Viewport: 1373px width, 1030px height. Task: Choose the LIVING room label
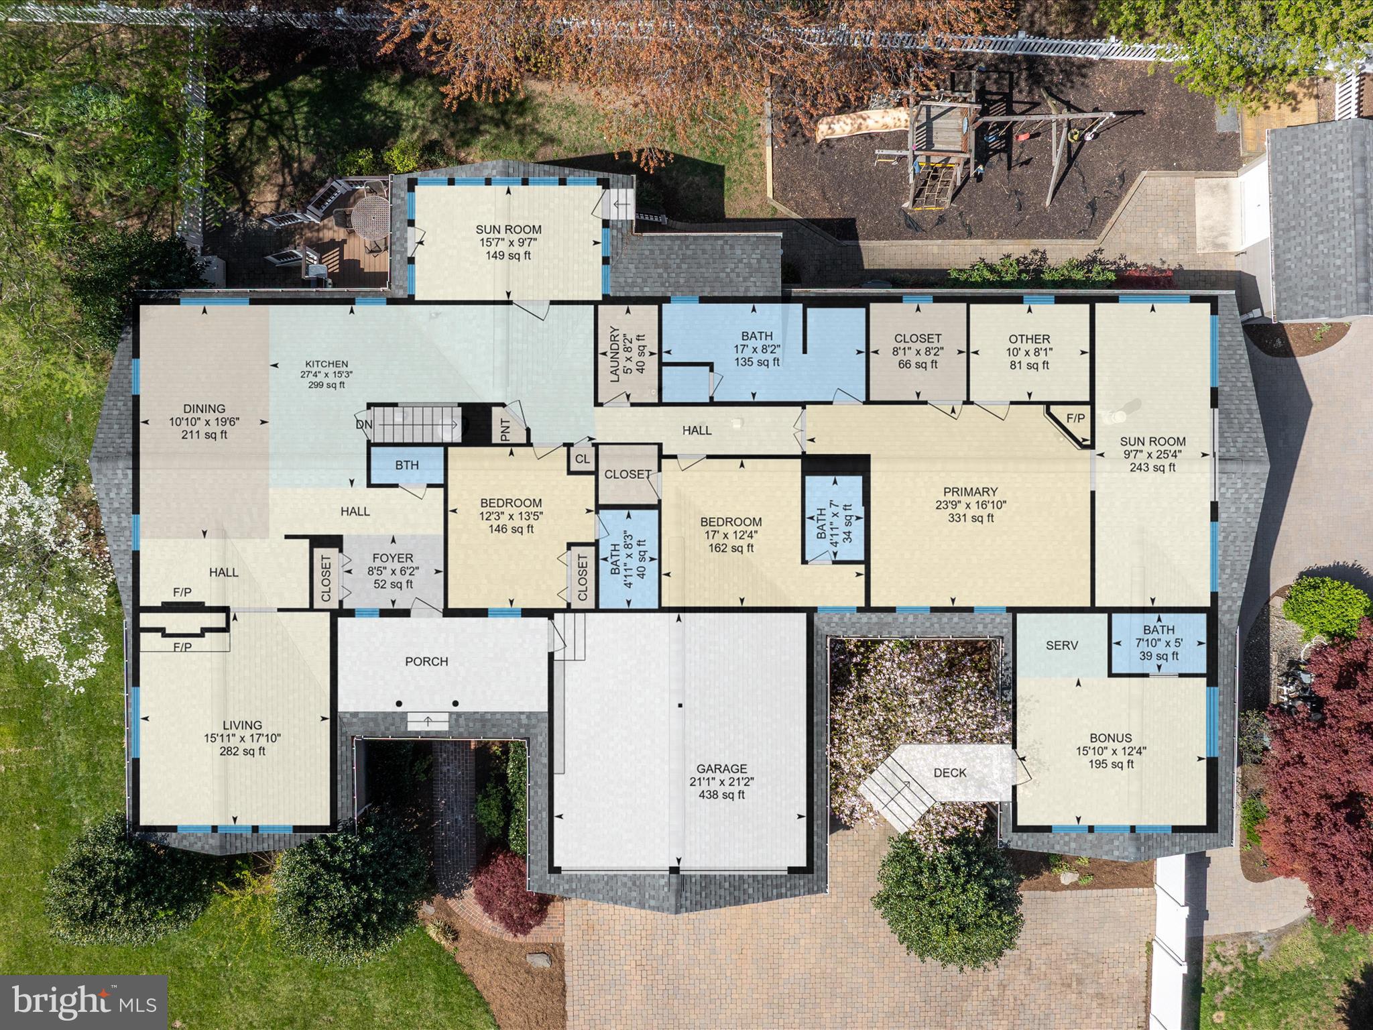pyautogui.click(x=243, y=725)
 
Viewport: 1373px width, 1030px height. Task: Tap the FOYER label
pyautogui.click(x=393, y=558)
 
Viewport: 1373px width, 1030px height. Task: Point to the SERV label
pyautogui.click(x=1062, y=646)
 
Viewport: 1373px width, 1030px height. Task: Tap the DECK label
pyautogui.click(x=950, y=772)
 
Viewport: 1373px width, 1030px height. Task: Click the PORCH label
pyautogui.click(x=426, y=662)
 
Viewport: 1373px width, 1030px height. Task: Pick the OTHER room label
pyautogui.click(x=1029, y=339)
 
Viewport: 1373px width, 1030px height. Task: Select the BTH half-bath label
pyautogui.click(x=406, y=465)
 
